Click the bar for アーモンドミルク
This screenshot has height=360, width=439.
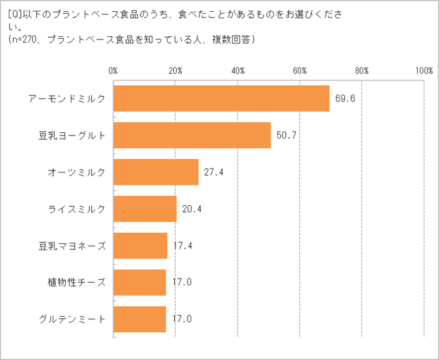pyautogui.click(x=221, y=98)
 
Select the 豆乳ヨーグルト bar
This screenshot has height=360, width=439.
pyautogui.click(x=192, y=135)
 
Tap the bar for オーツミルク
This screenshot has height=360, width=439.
pyautogui.click(x=156, y=172)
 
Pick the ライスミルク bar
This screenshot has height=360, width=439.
pyautogui.click(x=145, y=209)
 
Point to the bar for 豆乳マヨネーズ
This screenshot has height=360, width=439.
pyautogui.click(x=140, y=245)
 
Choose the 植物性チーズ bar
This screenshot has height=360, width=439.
pyautogui.click(x=140, y=282)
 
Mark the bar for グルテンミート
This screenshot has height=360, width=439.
pyautogui.click(x=140, y=319)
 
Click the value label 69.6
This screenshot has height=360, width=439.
pyautogui.click(x=346, y=98)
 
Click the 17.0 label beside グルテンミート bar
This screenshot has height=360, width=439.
pyautogui.click(x=182, y=319)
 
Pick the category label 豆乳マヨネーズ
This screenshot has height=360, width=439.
pyautogui.click(x=72, y=245)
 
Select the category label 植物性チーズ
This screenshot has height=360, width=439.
pyautogui.click(x=77, y=282)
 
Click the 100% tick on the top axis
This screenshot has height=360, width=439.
pyautogui.click(x=423, y=70)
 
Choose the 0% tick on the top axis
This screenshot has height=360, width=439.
pyautogui.click(x=114, y=70)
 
